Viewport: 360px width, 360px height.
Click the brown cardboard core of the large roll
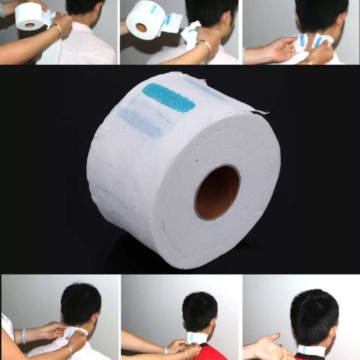[217, 192]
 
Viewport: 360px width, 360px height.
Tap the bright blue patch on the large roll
[169, 97]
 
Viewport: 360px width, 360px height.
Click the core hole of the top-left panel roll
[30, 25]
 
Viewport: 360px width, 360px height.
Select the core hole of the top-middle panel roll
[141, 27]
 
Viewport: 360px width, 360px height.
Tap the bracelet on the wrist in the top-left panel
[57, 29]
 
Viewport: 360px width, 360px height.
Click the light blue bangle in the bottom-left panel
[23, 336]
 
